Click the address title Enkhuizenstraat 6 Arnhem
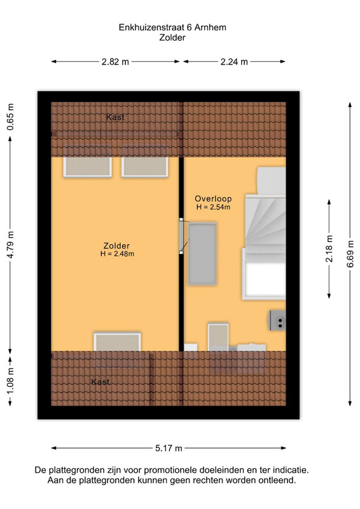tap(172, 27)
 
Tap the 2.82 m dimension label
tap(115, 62)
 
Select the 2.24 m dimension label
tap(234, 62)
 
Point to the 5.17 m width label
tap(169, 449)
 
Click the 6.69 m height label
tap(350, 254)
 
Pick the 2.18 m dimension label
tap(329, 248)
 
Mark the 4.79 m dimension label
tap(10, 245)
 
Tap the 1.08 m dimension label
tap(10, 382)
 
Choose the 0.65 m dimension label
tap(10, 117)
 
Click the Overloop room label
tap(213, 199)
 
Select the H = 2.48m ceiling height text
tap(117, 254)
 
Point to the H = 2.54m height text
tap(213, 207)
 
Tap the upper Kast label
tap(115, 117)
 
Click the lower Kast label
tap(100, 382)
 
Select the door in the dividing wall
tap(182, 236)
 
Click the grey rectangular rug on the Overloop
tap(202, 253)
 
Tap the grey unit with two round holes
tap(277, 320)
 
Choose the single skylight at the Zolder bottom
tap(118, 342)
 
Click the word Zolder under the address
tap(172, 38)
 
